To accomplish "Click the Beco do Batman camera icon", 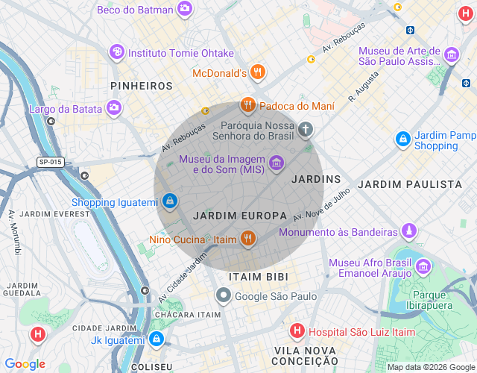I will pyautogui.click(x=184, y=10).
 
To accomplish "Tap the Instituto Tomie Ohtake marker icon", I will pyautogui.click(x=117, y=52).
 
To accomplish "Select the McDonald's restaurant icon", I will pyautogui.click(x=258, y=72).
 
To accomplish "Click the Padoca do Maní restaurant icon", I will pyautogui.click(x=248, y=105).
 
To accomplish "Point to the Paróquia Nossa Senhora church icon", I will pyautogui.click(x=305, y=131).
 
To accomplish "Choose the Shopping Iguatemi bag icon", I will pyautogui.click(x=170, y=201).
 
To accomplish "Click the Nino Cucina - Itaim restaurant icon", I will pyautogui.click(x=248, y=239).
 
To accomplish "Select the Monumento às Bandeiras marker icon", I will pyautogui.click(x=409, y=231).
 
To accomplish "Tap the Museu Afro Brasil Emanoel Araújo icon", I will pyautogui.click(x=423, y=266).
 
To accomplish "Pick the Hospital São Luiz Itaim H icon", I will pyautogui.click(x=297, y=330).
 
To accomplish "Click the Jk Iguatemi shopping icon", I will pyautogui.click(x=156, y=339).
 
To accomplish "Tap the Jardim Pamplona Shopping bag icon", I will pyautogui.click(x=403, y=139).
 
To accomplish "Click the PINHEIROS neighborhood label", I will pyautogui.click(x=142, y=86).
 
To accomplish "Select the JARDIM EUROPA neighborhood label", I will pyautogui.click(x=239, y=216).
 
